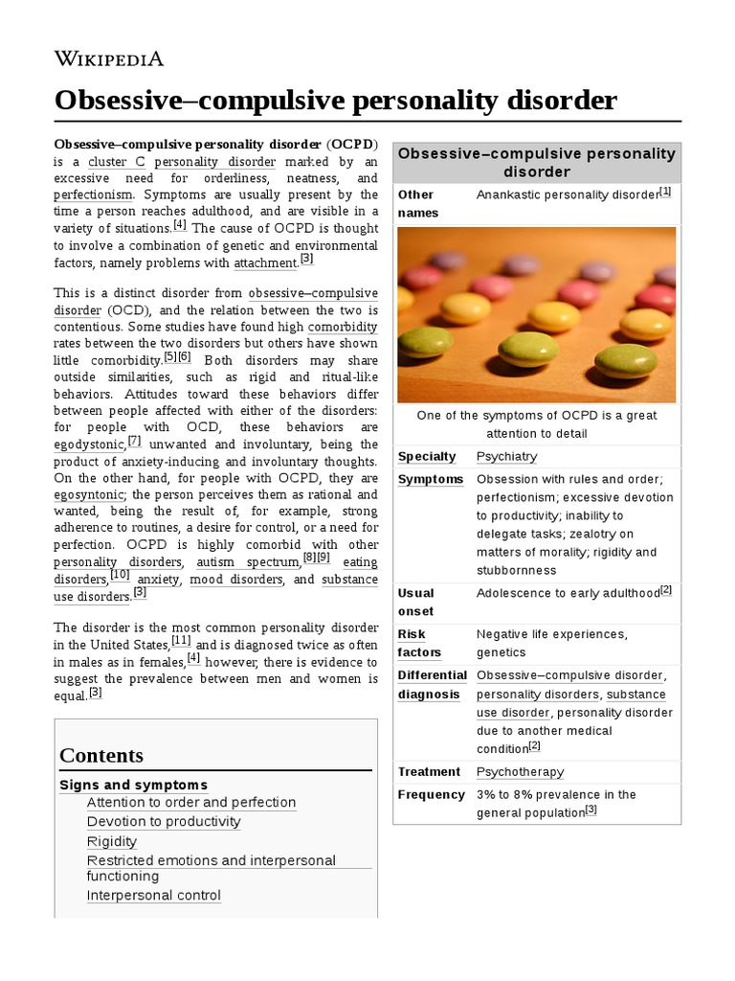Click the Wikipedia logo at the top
click(x=108, y=58)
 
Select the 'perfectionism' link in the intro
click(x=93, y=194)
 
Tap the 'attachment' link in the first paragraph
click(x=265, y=262)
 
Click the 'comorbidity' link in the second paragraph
click(x=343, y=327)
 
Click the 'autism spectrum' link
click(x=248, y=562)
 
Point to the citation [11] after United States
click(x=181, y=641)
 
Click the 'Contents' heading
click(x=101, y=755)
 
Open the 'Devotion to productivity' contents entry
click(x=164, y=821)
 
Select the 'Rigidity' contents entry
click(x=112, y=841)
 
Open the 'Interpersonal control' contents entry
click(x=154, y=896)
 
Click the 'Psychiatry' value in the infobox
click(x=506, y=456)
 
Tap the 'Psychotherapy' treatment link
click(x=520, y=771)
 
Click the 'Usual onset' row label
click(x=416, y=602)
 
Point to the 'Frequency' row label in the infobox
click(x=431, y=794)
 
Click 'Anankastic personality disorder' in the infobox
click(x=568, y=194)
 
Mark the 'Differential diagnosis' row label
click(x=432, y=684)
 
